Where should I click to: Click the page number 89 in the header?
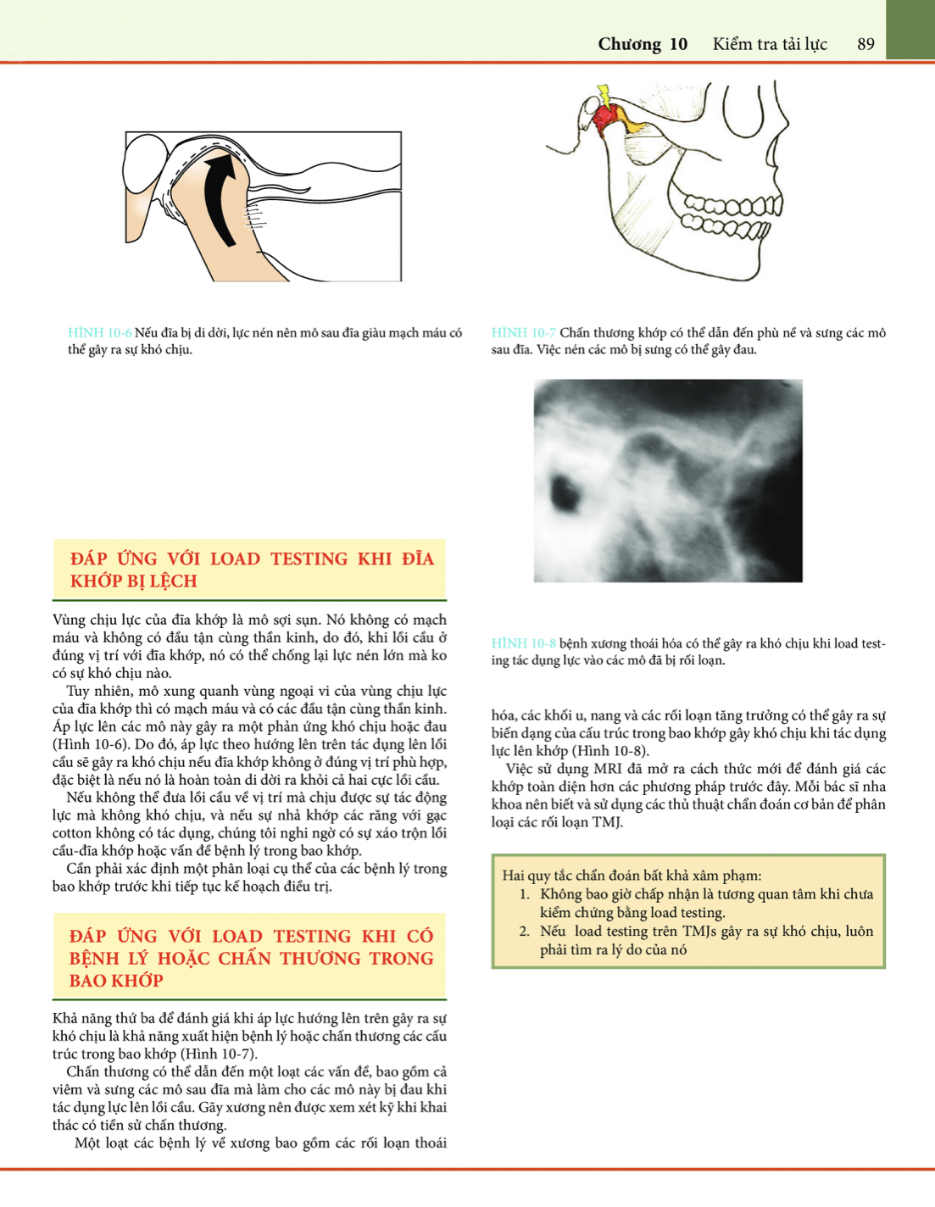coord(865,44)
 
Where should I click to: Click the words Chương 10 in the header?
coord(643,44)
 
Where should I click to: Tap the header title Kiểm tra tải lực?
coord(770,44)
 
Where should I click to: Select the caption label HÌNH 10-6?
coord(99,333)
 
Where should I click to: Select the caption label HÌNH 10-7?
coord(523,333)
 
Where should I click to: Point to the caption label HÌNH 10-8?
coord(523,643)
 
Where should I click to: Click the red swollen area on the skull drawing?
coord(605,118)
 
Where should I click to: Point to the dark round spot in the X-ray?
coord(563,487)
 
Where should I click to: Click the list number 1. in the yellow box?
coord(525,894)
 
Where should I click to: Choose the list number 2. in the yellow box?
coord(525,932)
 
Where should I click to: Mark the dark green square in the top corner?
coord(910,30)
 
